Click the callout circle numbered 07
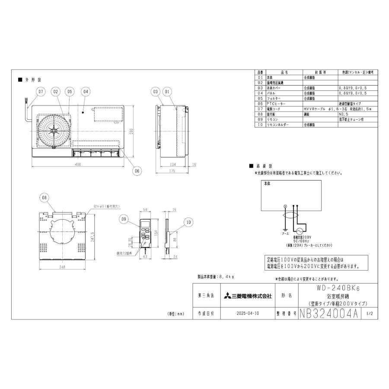pyautogui.click(x=40, y=92)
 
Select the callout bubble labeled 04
pyautogui.click(x=86, y=92)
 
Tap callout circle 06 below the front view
pyautogui.click(x=137, y=171)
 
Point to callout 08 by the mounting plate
pyautogui.click(x=44, y=198)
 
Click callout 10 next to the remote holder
pyautogui.click(x=188, y=222)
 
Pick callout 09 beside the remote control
pyautogui.click(x=125, y=220)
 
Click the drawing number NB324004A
pyautogui.click(x=329, y=314)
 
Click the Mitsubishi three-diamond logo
pyautogui.click(x=227, y=296)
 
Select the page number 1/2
pyautogui.click(x=370, y=314)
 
